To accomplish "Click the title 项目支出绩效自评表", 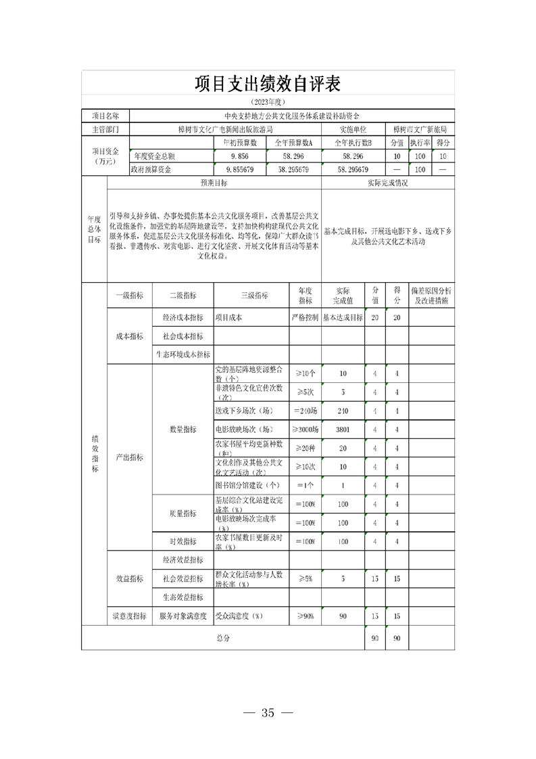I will (x=268, y=83).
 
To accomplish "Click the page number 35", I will (x=268, y=712).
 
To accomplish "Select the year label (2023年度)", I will (x=268, y=102).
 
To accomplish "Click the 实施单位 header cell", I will (x=354, y=129).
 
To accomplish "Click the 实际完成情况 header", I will (x=387, y=183).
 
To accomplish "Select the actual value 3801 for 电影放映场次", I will (x=343, y=429).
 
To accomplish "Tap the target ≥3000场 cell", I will (x=306, y=429).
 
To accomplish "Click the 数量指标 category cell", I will (x=182, y=429).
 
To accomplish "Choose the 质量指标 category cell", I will (x=182, y=513).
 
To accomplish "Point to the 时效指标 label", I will (x=182, y=541).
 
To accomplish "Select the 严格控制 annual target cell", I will (x=306, y=317).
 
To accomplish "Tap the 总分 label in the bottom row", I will (x=223, y=637).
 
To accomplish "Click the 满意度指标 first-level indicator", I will (x=128, y=616).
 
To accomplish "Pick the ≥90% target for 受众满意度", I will (x=306, y=616).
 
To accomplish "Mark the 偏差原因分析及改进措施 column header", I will (x=432, y=295).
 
